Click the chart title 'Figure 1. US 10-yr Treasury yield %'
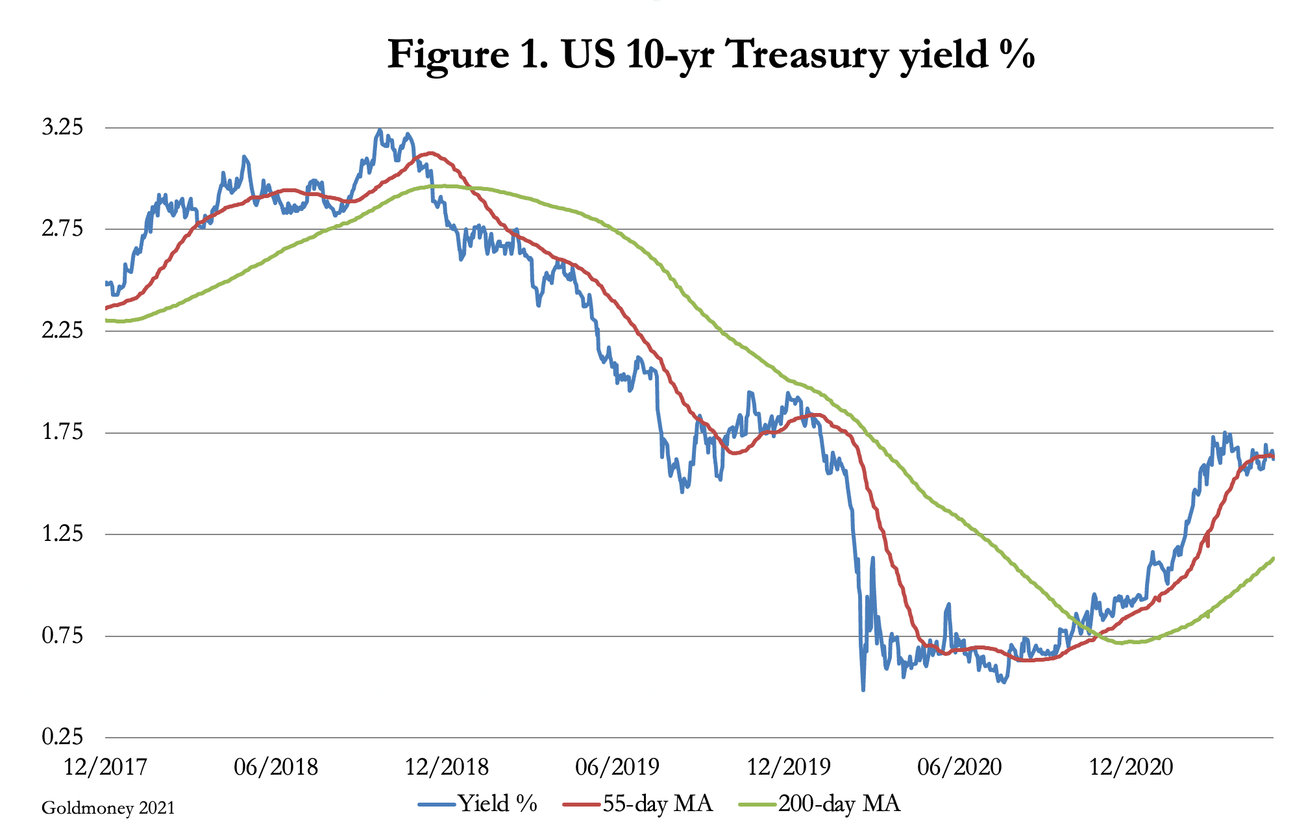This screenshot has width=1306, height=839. [711, 55]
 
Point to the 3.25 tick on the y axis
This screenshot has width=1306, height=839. [63, 127]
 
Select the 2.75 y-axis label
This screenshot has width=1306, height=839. [63, 229]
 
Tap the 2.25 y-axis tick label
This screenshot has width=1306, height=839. [63, 331]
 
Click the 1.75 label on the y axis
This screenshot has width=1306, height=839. [63, 432]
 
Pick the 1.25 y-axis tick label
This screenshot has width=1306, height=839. [63, 534]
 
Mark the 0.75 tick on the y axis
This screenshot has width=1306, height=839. [63, 636]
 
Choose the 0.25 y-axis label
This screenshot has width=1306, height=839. [63, 738]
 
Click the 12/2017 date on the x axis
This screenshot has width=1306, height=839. [106, 767]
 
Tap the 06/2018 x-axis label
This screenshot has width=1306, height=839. [276, 767]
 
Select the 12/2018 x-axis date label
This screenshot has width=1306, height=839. [447, 767]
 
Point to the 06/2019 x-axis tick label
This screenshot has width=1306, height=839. [617, 767]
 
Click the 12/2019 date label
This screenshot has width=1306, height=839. [789, 767]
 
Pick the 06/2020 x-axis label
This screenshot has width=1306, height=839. [959, 767]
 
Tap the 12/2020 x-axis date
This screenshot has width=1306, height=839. [1131, 767]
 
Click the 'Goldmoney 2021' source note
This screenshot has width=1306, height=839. [108, 808]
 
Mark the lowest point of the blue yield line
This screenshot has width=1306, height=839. [863, 690]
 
